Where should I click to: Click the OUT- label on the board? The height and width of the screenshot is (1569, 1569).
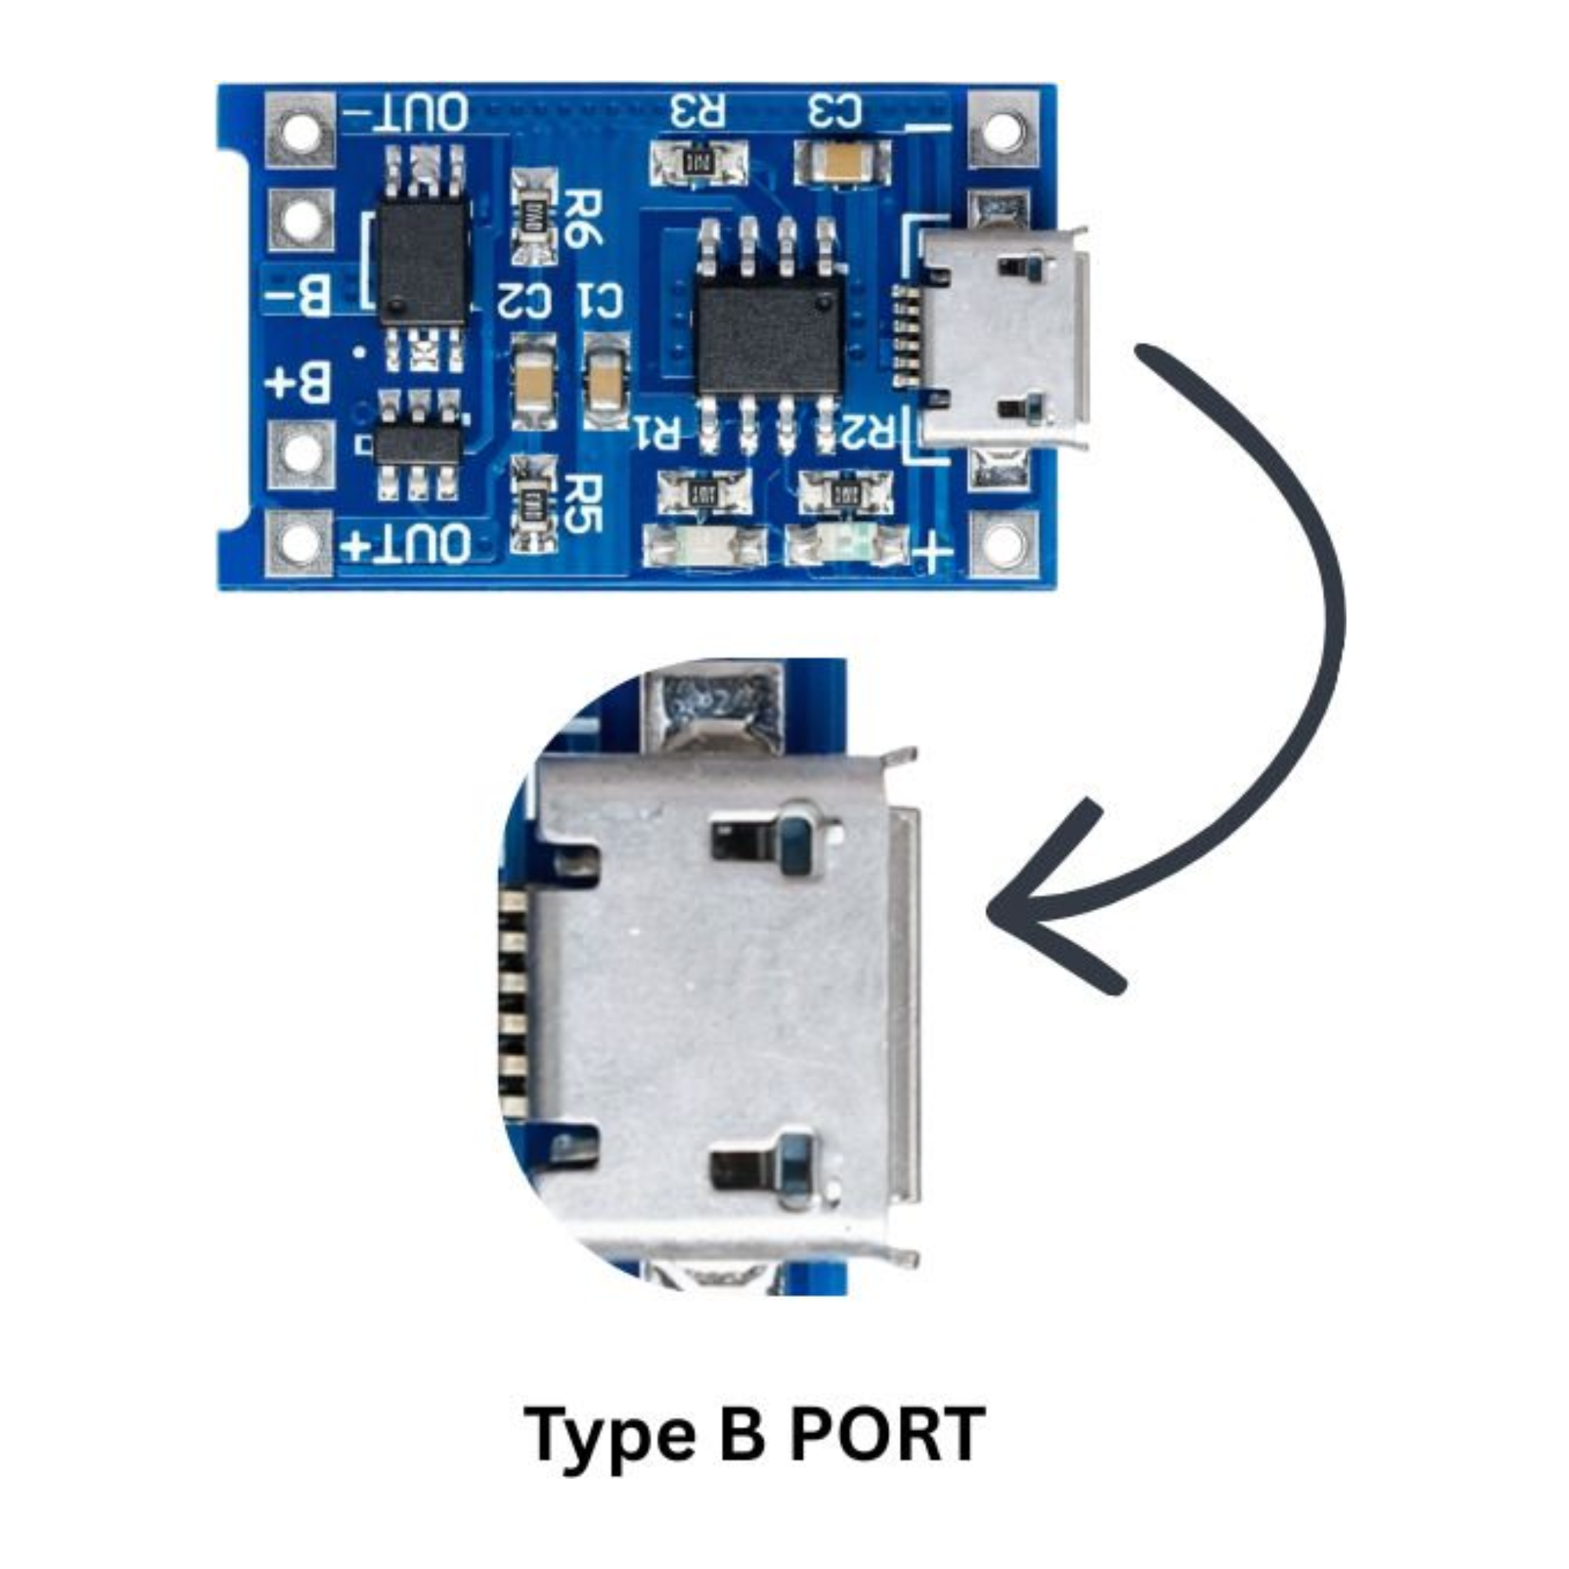point(407,114)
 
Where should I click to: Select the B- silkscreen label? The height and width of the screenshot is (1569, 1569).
point(299,296)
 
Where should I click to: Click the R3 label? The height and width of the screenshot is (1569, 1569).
point(697,112)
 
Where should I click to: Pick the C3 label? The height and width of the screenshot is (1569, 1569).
point(834,111)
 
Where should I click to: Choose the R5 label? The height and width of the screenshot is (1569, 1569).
point(582,504)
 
